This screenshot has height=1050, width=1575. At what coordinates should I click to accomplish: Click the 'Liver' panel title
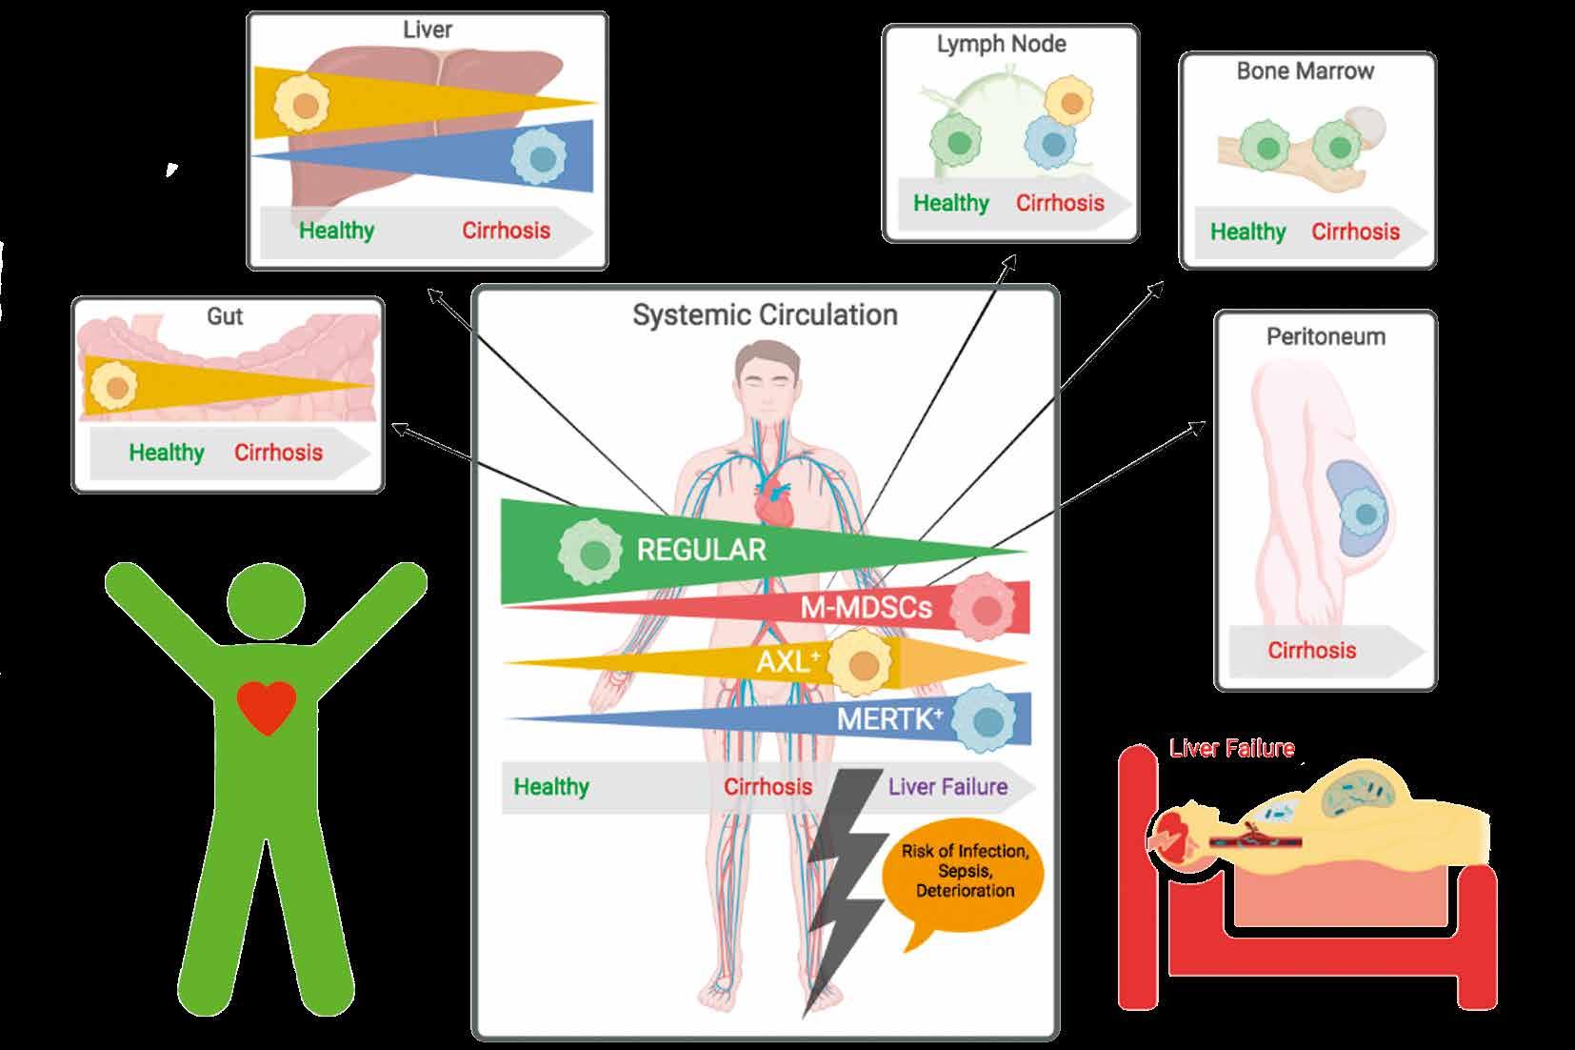[x=427, y=30]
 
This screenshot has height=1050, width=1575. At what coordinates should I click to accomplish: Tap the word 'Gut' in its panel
[x=225, y=316]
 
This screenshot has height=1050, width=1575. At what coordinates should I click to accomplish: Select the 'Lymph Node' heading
[x=1001, y=44]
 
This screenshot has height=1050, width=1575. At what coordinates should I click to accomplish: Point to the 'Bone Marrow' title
[x=1305, y=71]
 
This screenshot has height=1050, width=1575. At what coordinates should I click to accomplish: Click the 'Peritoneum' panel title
[x=1326, y=336]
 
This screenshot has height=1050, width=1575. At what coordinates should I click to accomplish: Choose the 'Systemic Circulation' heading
[x=765, y=315]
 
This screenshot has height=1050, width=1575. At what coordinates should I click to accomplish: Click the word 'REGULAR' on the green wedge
[x=701, y=550]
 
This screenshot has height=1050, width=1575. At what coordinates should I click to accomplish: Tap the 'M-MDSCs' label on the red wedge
[x=865, y=607]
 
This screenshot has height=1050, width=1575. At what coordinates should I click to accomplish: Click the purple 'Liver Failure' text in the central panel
[x=947, y=787]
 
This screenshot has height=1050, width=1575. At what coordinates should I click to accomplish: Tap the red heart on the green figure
[x=267, y=707]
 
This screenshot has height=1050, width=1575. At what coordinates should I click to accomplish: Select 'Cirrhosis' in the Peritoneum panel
[x=1311, y=651]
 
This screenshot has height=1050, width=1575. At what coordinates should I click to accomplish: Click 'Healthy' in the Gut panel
[x=167, y=453]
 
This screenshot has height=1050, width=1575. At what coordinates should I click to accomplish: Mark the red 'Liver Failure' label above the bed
[x=1231, y=749]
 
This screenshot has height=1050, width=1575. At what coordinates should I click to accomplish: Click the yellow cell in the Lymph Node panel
[x=1068, y=101]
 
